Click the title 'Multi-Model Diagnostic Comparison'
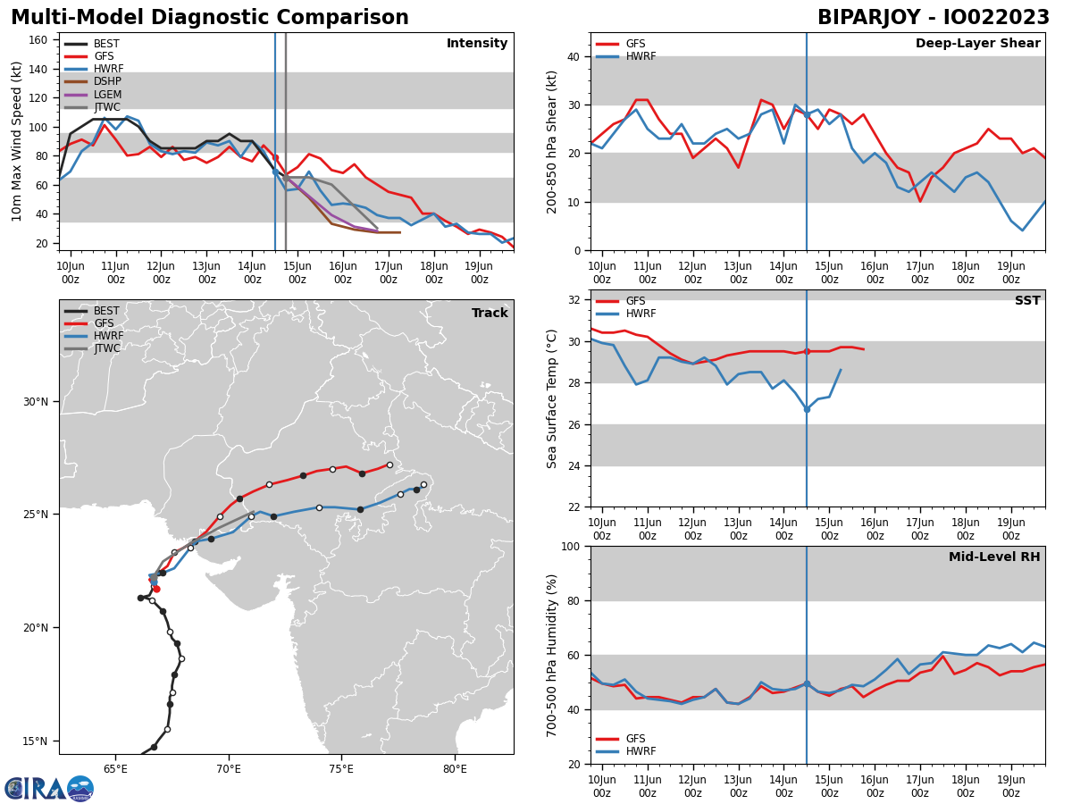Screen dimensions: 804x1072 [210, 18]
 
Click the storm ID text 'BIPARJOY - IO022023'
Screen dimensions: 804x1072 [933, 18]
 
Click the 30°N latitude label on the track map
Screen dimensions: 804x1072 [34, 401]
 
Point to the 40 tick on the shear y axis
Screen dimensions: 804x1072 [573, 56]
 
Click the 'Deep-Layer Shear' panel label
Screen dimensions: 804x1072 [977, 44]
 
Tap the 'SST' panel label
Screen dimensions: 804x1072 [1027, 301]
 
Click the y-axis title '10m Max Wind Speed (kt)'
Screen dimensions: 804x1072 [17, 141]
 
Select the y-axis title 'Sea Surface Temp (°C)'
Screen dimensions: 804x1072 [552, 398]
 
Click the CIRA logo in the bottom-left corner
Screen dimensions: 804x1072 [49, 788]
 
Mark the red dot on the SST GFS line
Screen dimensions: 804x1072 [807, 351]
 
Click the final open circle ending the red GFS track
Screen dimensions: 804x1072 [389, 465]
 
